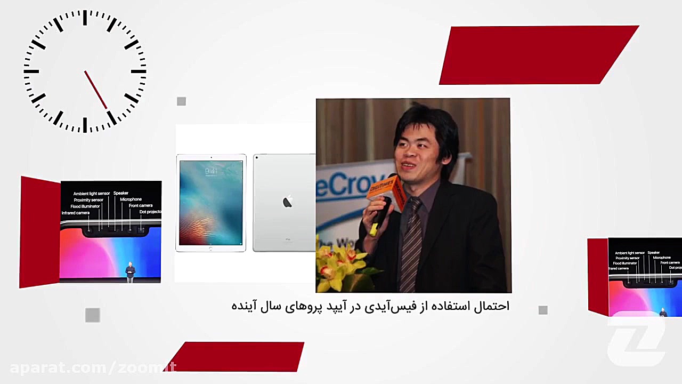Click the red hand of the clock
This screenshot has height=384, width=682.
pyautogui.click(x=96, y=90)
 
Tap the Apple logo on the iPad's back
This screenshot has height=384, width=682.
pyautogui.click(x=287, y=202)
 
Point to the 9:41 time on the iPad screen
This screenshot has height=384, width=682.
pyautogui.click(x=211, y=171)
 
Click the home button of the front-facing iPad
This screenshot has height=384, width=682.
pyautogui.click(x=211, y=249)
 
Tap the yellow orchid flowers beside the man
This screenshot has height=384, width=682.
pyautogui.click(x=341, y=264)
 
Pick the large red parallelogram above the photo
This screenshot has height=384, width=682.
pyautogui.click(x=538, y=55)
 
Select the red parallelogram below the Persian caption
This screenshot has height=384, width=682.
pyautogui.click(x=237, y=356)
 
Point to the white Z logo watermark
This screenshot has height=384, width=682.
pyautogui.click(x=637, y=341)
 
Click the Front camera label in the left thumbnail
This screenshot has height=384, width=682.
pyautogui.click(x=141, y=205)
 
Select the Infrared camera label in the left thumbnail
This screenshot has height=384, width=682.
pyautogui.click(x=76, y=213)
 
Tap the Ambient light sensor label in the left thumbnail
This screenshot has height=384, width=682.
pyautogui.click(x=91, y=194)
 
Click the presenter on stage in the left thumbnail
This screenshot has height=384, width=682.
pyautogui.click(x=130, y=271)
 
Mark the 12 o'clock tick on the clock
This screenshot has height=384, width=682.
pyautogui.click(x=85, y=18)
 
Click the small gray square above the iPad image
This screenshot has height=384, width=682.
pyautogui.click(x=181, y=101)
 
